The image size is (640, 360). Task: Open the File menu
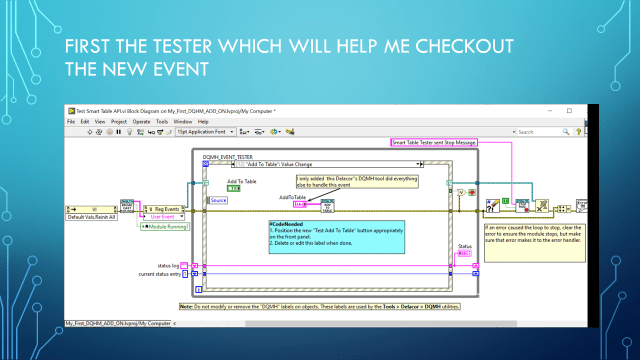tap(71, 122)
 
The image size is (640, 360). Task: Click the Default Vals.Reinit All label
tap(91, 217)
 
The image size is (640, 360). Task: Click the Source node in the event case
tap(218, 200)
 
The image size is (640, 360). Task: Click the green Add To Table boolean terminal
tap(233, 188)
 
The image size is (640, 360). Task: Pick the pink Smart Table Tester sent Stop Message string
tap(433, 144)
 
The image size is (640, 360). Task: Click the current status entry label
tap(161, 273)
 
